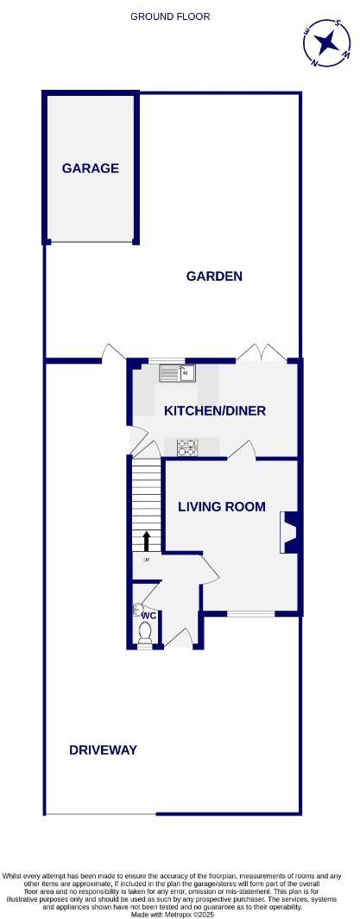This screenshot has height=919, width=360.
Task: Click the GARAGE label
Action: (x=90, y=168)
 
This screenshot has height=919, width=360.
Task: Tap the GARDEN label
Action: (x=214, y=276)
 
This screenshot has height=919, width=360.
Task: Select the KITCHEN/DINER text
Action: (x=215, y=410)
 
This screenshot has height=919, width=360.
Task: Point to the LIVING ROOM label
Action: (x=222, y=506)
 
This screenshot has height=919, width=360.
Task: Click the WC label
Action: (x=148, y=616)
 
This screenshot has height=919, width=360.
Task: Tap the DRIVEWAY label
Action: (x=103, y=750)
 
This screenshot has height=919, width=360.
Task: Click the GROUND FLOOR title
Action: (x=170, y=16)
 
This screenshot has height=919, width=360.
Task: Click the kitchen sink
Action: (x=177, y=373)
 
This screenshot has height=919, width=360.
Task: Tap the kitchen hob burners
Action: (x=187, y=447)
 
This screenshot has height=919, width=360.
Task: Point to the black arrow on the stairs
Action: (x=146, y=541)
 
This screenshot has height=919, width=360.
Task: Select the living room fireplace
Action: (x=291, y=532)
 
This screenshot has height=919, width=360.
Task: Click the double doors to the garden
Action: (x=262, y=352)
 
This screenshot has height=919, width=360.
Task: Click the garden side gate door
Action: (x=110, y=353)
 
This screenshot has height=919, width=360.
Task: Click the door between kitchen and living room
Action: (x=242, y=450)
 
